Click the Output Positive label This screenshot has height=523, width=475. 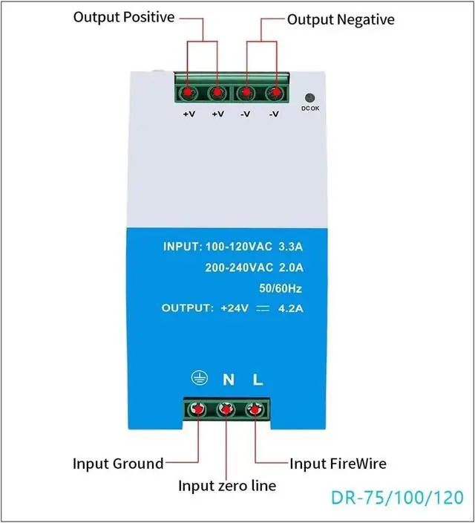point(124,16)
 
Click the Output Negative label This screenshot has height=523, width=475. point(341,19)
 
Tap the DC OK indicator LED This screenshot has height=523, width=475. point(310,97)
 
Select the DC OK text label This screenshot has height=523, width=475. point(310,109)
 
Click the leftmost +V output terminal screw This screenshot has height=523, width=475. point(188,93)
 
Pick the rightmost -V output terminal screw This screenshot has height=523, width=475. point(275,93)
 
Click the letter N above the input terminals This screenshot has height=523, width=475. point(229,380)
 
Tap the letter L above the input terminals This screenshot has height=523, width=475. point(258,380)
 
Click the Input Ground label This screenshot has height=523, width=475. point(117,464)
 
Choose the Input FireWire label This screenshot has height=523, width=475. point(338,464)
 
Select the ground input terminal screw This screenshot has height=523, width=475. point(199,409)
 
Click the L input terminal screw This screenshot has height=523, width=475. point(255,409)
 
